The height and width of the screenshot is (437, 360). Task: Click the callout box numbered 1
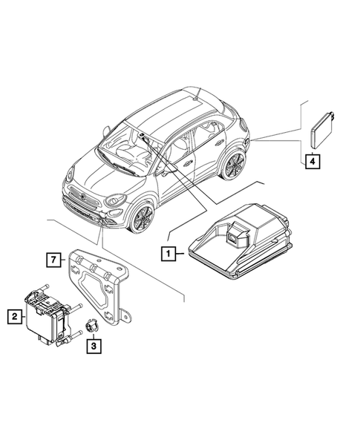170,254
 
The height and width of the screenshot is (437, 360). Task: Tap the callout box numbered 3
94,345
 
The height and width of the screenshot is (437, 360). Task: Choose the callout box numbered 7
52,259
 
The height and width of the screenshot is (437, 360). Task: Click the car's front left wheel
141,217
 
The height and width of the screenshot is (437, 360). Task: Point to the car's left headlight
115,200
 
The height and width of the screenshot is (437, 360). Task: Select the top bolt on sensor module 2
47,286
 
